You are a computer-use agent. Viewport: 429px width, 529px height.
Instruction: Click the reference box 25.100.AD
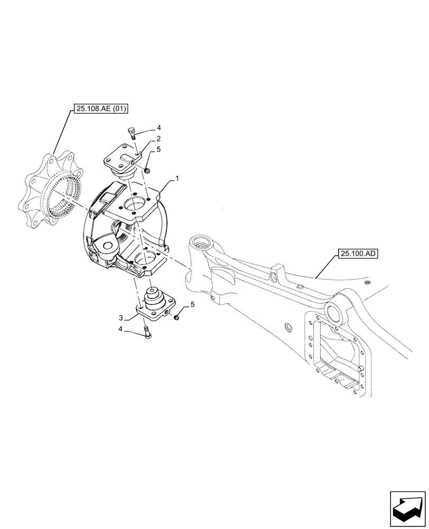(x=356, y=253)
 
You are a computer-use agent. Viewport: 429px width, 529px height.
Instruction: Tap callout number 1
(x=178, y=179)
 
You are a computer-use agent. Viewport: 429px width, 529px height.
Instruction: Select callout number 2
(x=158, y=139)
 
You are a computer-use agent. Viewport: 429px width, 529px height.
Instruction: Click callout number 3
(x=121, y=317)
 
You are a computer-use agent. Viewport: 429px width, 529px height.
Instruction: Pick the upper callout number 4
(x=158, y=127)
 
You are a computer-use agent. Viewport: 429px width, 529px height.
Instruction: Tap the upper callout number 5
(x=158, y=150)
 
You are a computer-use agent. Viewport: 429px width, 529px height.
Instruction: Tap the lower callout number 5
(x=193, y=304)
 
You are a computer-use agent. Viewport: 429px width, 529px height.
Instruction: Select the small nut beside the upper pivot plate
(x=147, y=170)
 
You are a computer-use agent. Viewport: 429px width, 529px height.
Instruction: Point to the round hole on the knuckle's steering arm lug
(x=110, y=246)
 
